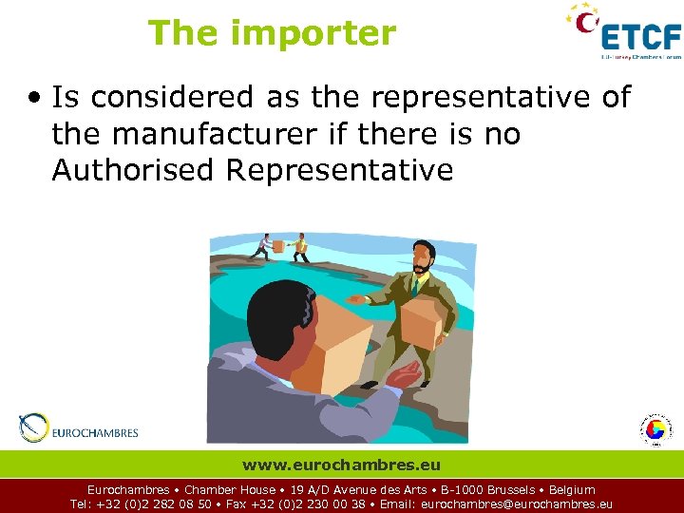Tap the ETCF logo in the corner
626,34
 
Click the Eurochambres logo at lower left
80,431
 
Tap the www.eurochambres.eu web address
341,465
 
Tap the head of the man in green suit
424,254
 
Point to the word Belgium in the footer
573,490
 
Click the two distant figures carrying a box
279,246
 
